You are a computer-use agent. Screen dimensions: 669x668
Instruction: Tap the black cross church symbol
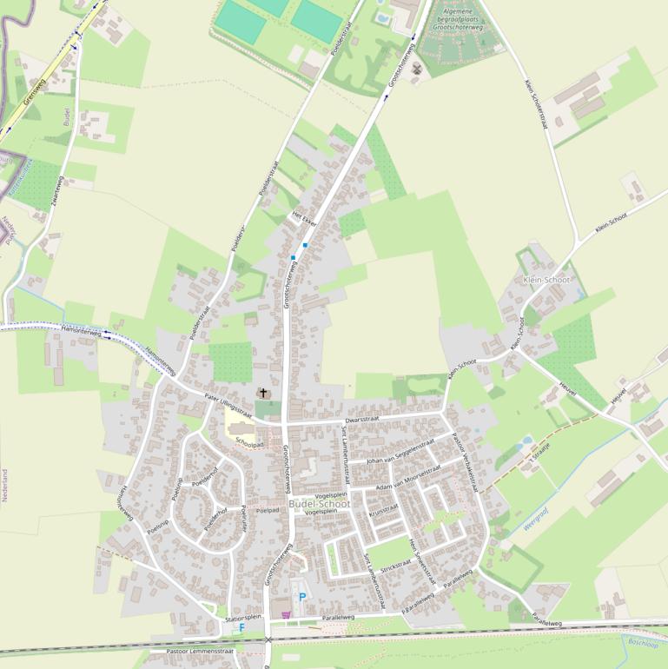[263, 394]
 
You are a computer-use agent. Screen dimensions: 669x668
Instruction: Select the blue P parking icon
[302, 597]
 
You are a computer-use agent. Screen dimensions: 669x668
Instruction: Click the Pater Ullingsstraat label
[228, 406]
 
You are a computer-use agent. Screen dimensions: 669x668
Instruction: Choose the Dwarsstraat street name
[362, 419]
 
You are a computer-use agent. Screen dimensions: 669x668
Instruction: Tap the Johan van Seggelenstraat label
[400, 452]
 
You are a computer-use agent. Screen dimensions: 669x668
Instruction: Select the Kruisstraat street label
[383, 509]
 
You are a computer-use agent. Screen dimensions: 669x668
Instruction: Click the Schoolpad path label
[249, 443]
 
